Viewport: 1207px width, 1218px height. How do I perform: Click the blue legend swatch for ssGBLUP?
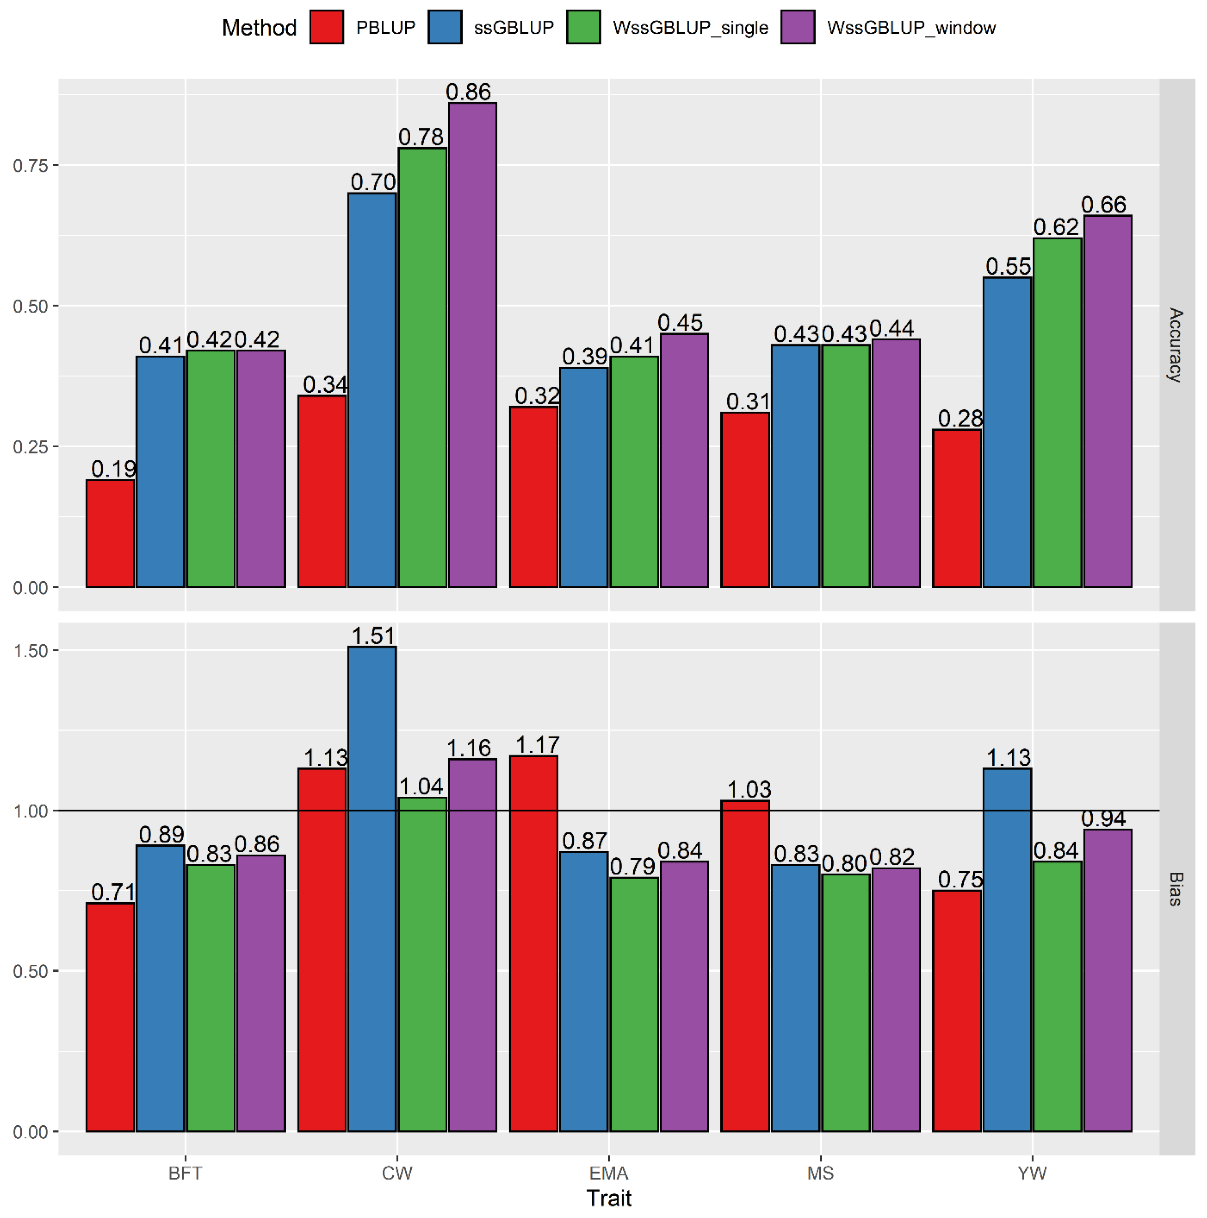pos(444,27)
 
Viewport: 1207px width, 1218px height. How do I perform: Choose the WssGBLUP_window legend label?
pos(911,28)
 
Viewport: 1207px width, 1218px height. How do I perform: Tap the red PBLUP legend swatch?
pos(327,27)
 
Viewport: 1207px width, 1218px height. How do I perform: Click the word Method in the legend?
pos(259,28)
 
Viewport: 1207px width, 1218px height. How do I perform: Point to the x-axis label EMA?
pos(609,1173)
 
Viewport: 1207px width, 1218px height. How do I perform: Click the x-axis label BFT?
pos(185,1173)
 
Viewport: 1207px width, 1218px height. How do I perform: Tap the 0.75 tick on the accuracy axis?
pos(30,165)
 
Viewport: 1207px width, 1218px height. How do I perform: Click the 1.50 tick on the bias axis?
pos(30,651)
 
